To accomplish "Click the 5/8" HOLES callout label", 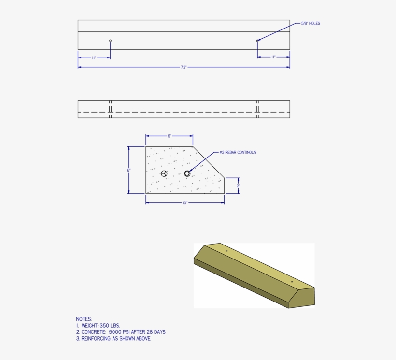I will click(311, 23).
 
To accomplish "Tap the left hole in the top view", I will click(110, 41).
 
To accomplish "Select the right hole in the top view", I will click(257, 41).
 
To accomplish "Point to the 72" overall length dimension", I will click(184, 67).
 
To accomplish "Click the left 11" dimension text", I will click(94, 58).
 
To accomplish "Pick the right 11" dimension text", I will click(273, 57).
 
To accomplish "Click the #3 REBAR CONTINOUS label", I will click(238, 152).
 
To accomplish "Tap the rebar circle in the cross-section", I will click(187, 173).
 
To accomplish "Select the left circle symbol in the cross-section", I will click(164, 173).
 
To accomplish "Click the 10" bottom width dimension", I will click(184, 203).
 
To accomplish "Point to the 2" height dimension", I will click(238, 186).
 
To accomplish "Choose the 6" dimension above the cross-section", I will click(170, 136).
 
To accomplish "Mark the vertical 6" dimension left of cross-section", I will click(128, 170).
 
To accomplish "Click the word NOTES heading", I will click(84, 319).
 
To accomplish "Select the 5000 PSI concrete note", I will click(123, 332).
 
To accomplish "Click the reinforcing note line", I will click(113, 339).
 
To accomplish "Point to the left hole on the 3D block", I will click(226, 251).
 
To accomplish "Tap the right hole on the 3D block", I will click(292, 281).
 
